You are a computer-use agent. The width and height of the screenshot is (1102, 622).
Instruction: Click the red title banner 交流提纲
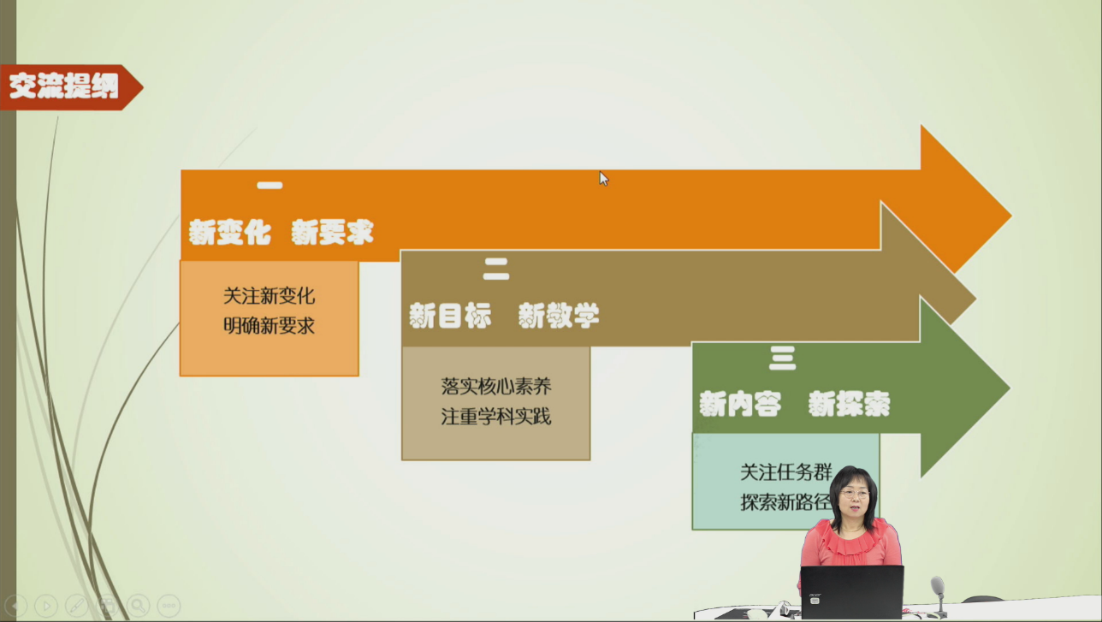pos(71,87)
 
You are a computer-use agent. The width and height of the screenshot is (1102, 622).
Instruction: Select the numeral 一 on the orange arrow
pos(270,186)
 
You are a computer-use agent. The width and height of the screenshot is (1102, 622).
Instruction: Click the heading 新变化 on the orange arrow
pos(230,232)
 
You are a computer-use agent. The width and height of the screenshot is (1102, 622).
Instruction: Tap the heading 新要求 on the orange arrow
pos(333,232)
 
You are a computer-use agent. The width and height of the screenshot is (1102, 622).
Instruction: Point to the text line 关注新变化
pos(270,296)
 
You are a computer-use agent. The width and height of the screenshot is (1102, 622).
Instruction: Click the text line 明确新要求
pos(270,326)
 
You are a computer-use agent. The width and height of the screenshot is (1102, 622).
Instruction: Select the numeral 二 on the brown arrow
pos(496,270)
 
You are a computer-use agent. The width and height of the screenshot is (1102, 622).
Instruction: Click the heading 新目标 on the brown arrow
pos(450,316)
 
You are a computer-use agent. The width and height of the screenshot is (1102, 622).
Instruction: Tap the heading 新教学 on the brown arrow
pos(559,316)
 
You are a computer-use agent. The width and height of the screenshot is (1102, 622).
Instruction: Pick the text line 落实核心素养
pos(496,387)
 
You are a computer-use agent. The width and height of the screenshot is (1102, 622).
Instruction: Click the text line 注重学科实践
pos(496,417)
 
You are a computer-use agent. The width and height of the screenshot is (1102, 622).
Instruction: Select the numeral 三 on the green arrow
pos(782,358)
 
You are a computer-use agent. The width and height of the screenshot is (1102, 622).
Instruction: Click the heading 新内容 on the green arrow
pos(740,405)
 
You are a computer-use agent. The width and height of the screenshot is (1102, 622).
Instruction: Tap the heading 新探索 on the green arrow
pos(849,405)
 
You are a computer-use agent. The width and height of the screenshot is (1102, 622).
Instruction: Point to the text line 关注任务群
pos(786,472)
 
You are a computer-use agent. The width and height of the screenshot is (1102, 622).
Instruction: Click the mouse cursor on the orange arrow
pos(604,179)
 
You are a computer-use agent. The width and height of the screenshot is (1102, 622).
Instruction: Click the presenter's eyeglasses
pos(855,494)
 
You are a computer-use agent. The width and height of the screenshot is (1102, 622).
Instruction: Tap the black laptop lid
pos(852,591)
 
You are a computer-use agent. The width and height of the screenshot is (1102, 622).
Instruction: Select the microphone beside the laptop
pos(939,595)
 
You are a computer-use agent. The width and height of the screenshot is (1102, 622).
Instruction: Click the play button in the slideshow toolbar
pos(46,606)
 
